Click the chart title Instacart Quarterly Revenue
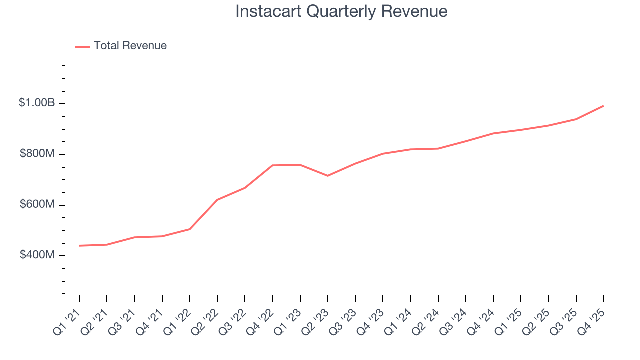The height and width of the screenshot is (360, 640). (x=341, y=11)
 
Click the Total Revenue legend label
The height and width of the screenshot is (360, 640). (x=130, y=46)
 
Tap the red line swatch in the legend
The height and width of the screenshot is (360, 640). (x=82, y=46)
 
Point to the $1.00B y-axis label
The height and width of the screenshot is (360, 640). (x=37, y=103)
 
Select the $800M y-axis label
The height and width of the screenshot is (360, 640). (x=37, y=154)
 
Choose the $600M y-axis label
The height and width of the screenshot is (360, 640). (x=37, y=205)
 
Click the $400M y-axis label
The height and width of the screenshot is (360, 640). (x=37, y=255)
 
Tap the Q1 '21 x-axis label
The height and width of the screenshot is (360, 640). (x=66, y=321)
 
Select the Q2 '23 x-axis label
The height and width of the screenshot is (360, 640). (x=314, y=321)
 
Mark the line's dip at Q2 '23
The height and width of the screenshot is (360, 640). (x=328, y=176)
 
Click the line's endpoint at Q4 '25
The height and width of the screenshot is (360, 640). (x=603, y=106)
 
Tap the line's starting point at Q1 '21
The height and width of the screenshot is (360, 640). (x=79, y=246)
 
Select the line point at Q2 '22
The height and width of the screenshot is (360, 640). (x=217, y=200)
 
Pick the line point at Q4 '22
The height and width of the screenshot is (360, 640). (x=272, y=165)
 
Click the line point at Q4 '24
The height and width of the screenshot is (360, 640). (x=493, y=133)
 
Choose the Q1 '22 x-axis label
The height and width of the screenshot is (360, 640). (x=176, y=321)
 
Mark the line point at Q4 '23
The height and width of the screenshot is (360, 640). (x=383, y=154)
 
